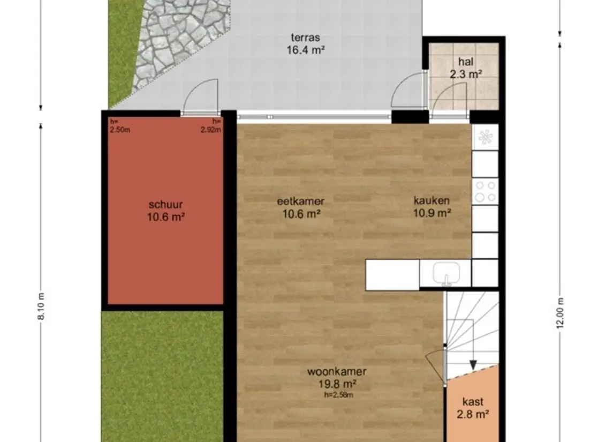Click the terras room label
tap(305, 43)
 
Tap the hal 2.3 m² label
tap(466, 68)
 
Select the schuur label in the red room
tap(166, 211)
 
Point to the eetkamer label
tap(301, 207)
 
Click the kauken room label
tap(432, 206)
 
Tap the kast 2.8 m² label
tap(473, 408)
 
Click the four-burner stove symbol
tap(485, 191)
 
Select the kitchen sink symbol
tap(445, 273)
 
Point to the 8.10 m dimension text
tap(41, 306)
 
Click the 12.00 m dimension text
tap(560, 313)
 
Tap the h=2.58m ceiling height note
tap(338, 395)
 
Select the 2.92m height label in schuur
tap(211, 126)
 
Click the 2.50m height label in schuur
tap(120, 126)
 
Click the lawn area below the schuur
tap(162, 376)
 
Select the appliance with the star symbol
tap(485, 137)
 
